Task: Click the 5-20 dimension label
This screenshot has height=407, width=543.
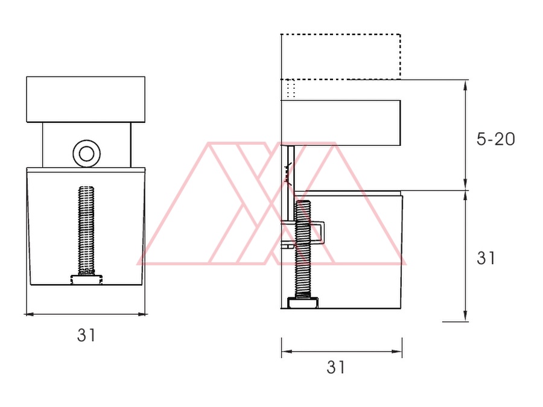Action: pyautogui.click(x=495, y=139)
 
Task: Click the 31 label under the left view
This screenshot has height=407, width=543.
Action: pyautogui.click(x=86, y=335)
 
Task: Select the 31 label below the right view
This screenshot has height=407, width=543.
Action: pyautogui.click(x=335, y=367)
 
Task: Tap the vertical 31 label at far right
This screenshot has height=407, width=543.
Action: pyautogui.click(x=486, y=258)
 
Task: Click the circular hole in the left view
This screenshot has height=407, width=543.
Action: pyautogui.click(x=86, y=154)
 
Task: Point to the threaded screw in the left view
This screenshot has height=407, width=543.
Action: pyautogui.click(x=86, y=230)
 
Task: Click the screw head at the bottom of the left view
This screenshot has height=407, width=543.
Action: pyautogui.click(x=86, y=280)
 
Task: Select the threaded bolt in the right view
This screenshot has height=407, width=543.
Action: pyautogui.click(x=302, y=248)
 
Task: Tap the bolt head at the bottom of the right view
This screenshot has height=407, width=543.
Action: pyautogui.click(x=303, y=303)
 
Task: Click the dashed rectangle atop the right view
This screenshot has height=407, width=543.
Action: pyautogui.click(x=341, y=57)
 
